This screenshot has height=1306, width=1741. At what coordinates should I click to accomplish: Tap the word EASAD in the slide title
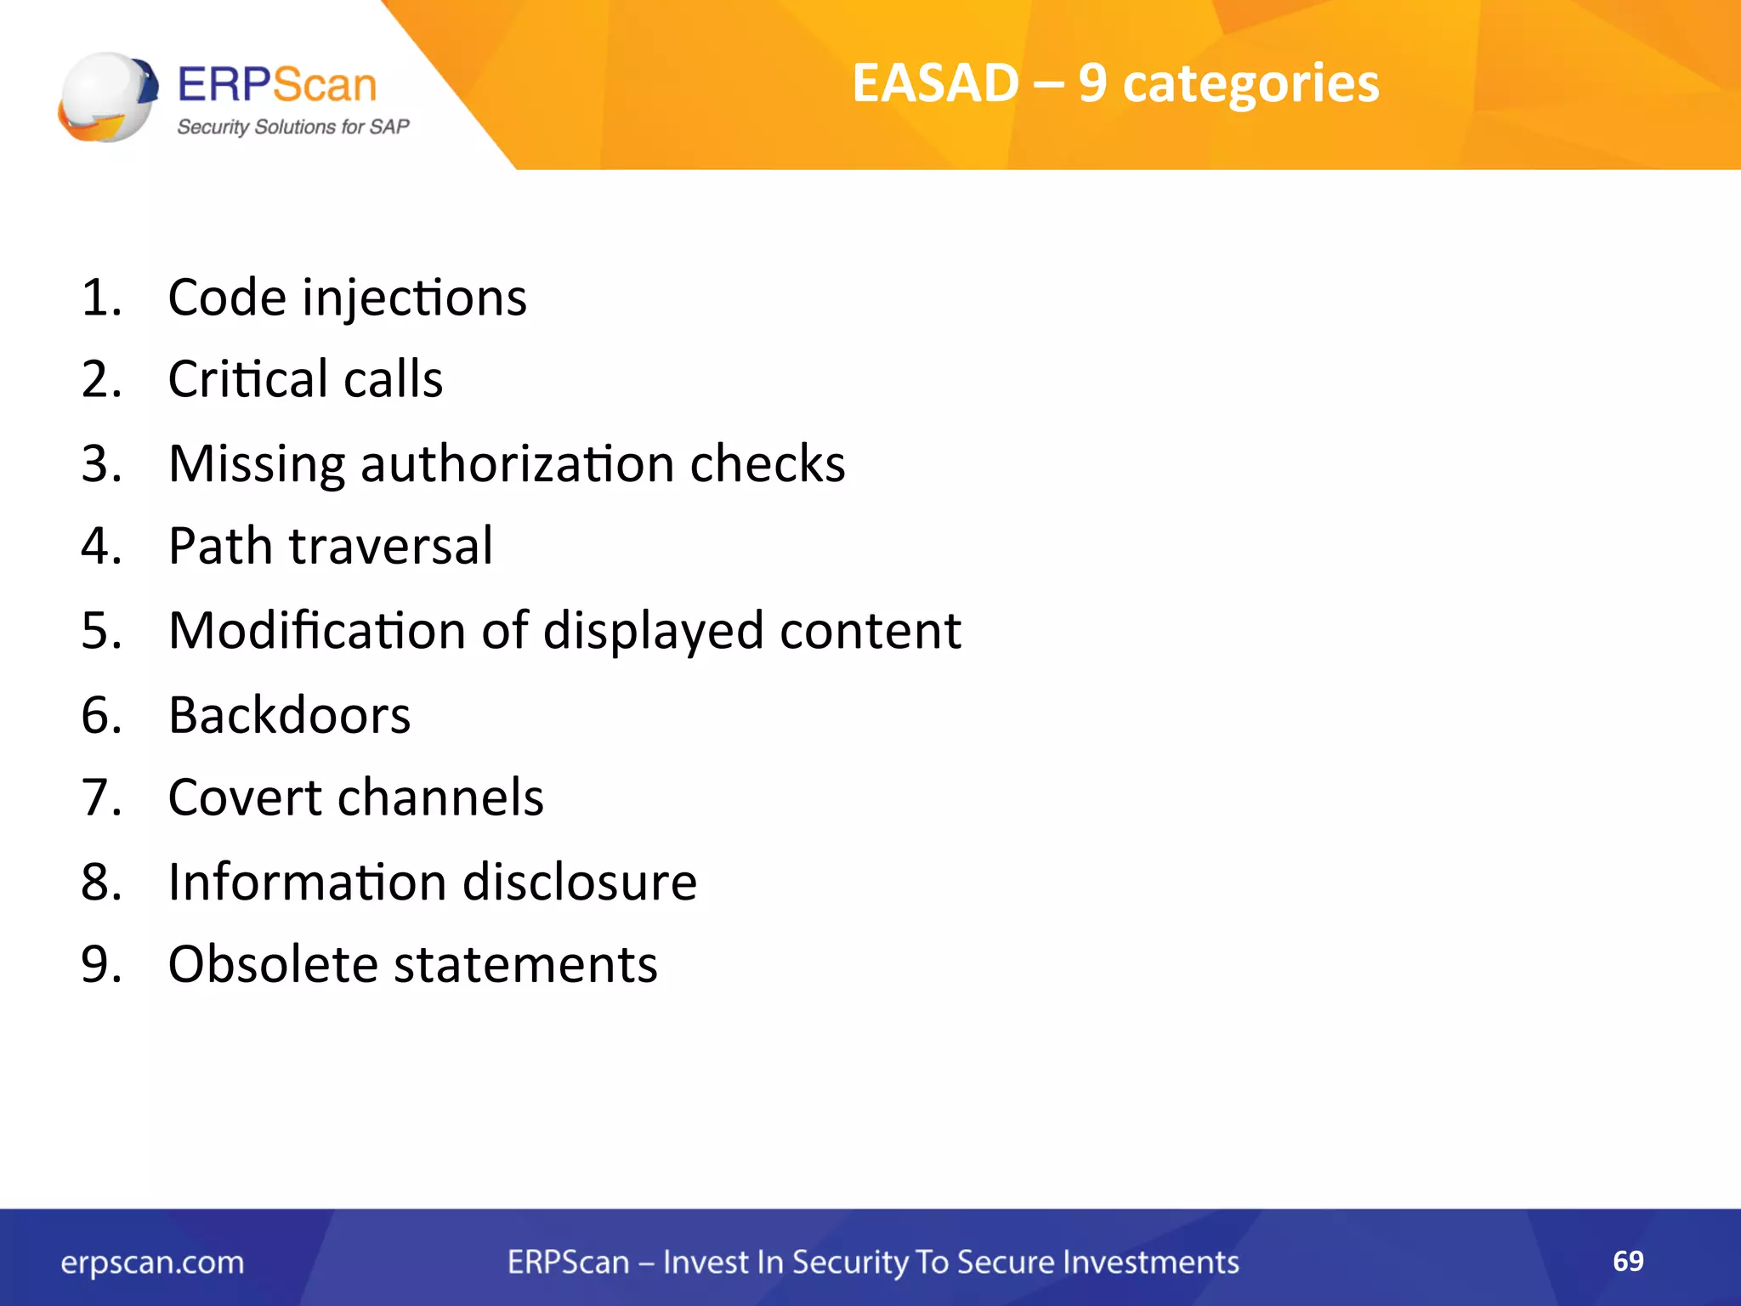[935, 83]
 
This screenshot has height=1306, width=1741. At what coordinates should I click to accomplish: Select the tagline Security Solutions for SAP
[292, 128]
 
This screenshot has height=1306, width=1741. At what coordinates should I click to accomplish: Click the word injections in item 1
[414, 298]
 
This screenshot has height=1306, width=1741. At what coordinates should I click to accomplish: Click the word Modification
[318, 631]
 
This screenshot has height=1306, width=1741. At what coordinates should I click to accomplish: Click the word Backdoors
[289, 715]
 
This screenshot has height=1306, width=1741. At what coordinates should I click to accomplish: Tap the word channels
[440, 798]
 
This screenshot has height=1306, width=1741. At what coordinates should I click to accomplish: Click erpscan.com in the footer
[152, 1263]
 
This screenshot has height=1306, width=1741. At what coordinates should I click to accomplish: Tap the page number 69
[1627, 1261]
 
